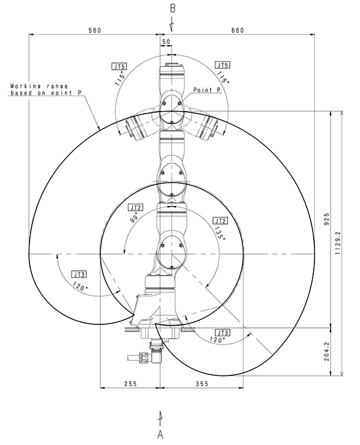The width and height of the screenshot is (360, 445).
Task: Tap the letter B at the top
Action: (172, 9)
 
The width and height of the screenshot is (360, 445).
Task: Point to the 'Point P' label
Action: (207, 89)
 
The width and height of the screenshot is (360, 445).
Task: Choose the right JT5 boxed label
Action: (222, 65)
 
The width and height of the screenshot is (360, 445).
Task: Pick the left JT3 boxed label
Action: (79, 274)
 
